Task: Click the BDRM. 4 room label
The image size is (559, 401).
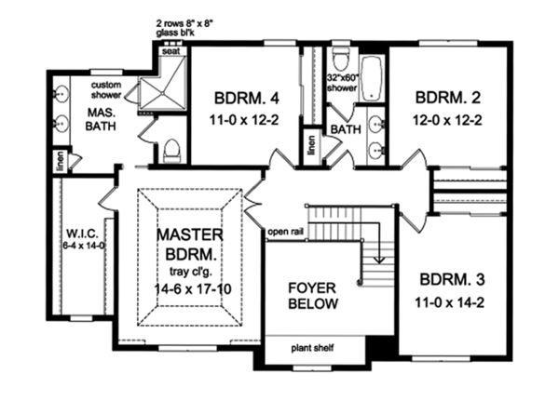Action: tap(246, 99)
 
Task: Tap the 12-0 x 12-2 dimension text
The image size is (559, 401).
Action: tap(447, 120)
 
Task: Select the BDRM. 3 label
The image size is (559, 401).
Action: tap(452, 279)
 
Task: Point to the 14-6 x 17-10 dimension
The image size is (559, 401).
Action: tap(193, 288)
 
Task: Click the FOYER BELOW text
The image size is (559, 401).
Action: tap(313, 296)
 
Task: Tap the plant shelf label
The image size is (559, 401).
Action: tap(313, 348)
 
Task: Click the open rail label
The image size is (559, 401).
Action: tap(286, 233)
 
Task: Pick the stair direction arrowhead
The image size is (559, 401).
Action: tap(379, 261)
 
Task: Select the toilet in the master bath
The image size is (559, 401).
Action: tap(171, 151)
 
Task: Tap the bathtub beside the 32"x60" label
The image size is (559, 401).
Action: tap(372, 79)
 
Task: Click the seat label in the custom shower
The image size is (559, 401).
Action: tap(171, 51)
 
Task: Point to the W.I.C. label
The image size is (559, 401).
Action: tap(82, 234)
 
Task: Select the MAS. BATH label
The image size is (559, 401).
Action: tap(101, 119)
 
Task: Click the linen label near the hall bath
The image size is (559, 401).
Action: tap(311, 145)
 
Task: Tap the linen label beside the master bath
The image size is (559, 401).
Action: tap(61, 161)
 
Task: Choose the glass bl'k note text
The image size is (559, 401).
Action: tap(175, 33)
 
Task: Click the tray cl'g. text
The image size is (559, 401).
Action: tap(191, 272)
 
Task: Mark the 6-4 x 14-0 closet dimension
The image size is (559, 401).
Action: tap(83, 245)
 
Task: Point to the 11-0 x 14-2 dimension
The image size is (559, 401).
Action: tap(450, 303)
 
